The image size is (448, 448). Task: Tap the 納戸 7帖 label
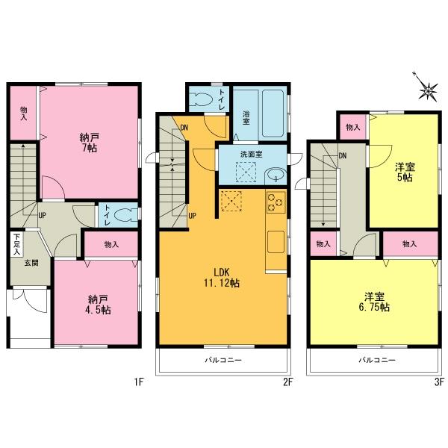pyautogui.click(x=90, y=142)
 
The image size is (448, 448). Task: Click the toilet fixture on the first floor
pyautogui.click(x=127, y=214)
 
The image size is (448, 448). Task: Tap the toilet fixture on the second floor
pyautogui.click(x=203, y=100)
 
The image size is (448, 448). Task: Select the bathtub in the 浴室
pyautogui.click(x=270, y=113)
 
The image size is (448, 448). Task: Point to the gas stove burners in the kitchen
pyautogui.click(x=276, y=202)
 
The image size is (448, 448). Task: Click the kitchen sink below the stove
pyautogui.click(x=275, y=241)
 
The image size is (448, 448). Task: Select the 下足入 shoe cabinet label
pyautogui.click(x=16, y=244)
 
